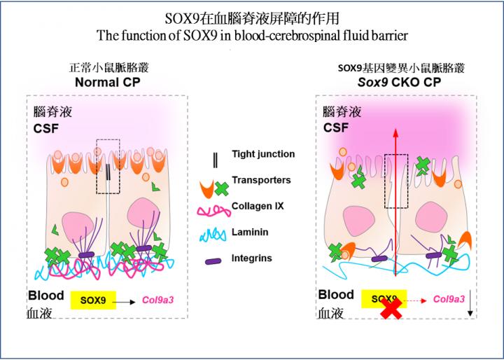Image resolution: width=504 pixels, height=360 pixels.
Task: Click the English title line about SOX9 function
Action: coord(252,33)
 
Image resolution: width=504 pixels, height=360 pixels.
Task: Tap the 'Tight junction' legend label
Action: coord(263,154)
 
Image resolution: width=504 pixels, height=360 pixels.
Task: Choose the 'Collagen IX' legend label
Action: coord(258,206)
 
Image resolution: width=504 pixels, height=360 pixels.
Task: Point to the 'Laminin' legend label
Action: coord(252,232)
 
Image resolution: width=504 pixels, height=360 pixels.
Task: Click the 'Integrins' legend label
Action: coord(253,258)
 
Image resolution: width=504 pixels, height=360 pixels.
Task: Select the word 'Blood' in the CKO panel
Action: coord(336,294)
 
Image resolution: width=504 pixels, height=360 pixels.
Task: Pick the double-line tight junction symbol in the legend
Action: coord(215,160)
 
